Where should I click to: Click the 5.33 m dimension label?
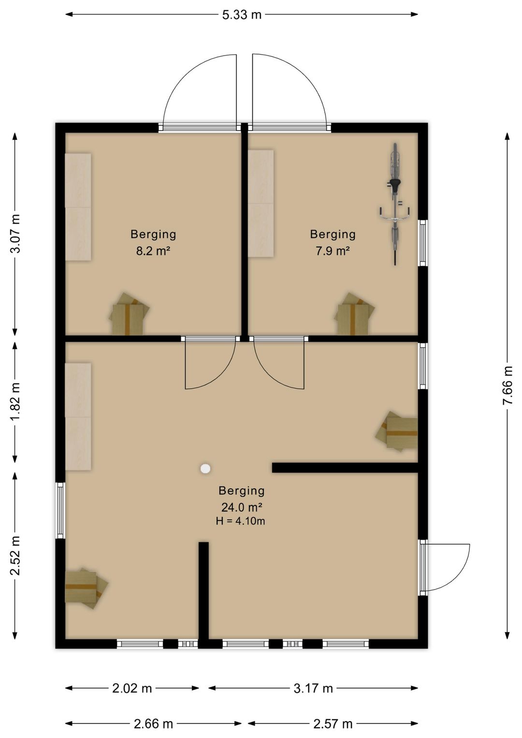pyautogui.click(x=241, y=15)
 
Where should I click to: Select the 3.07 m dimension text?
pyautogui.click(x=15, y=233)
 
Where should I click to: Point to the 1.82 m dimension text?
pyautogui.click(x=15, y=401)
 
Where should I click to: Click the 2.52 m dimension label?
pyautogui.click(x=15, y=556)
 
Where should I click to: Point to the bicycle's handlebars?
pyautogui.click(x=394, y=213)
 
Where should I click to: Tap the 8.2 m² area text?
pyautogui.click(x=153, y=251)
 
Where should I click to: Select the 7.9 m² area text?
pyautogui.click(x=333, y=251)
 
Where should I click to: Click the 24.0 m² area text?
pyautogui.click(x=241, y=507)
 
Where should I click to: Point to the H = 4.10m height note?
pyautogui.click(x=240, y=521)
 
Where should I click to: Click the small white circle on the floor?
pyautogui.click(x=205, y=468)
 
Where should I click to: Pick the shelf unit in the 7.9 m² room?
pyautogui.click(x=261, y=203)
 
